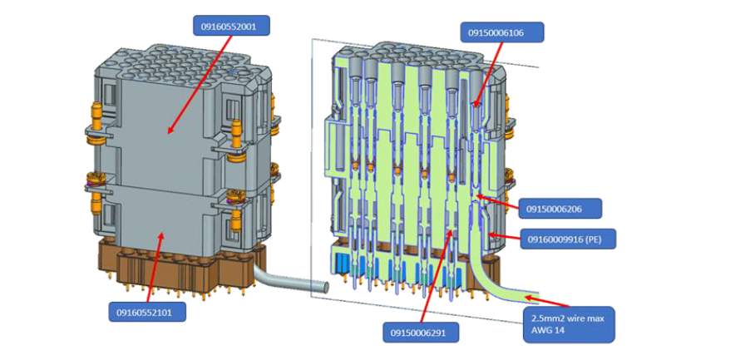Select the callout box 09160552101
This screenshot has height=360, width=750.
[x=146, y=313]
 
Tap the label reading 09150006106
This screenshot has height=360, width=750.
[x=502, y=32]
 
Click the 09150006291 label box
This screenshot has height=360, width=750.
[x=421, y=332]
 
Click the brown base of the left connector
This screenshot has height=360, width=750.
[x=179, y=262]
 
